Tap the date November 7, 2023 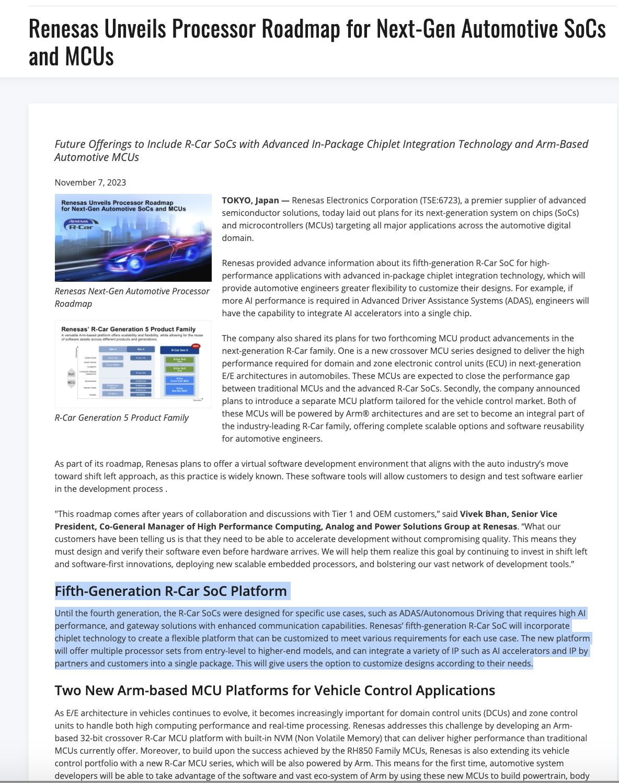pyautogui.click(x=90, y=182)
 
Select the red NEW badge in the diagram pyautogui.click(x=196, y=346)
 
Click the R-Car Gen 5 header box pyautogui.click(x=179, y=350)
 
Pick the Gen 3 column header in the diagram pyautogui.click(x=112, y=349)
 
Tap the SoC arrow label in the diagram pyautogui.click(x=72, y=374)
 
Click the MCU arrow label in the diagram pyautogui.click(x=72, y=383)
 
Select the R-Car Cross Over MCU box pyautogui.click(x=179, y=380)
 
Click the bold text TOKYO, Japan pyautogui.click(x=250, y=200)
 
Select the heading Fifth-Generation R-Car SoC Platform pyautogui.click(x=171, y=591)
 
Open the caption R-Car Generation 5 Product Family pyautogui.click(x=121, y=418)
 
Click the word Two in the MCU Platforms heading pyautogui.click(x=68, y=690)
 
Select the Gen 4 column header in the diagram pyautogui.click(x=141, y=349)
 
